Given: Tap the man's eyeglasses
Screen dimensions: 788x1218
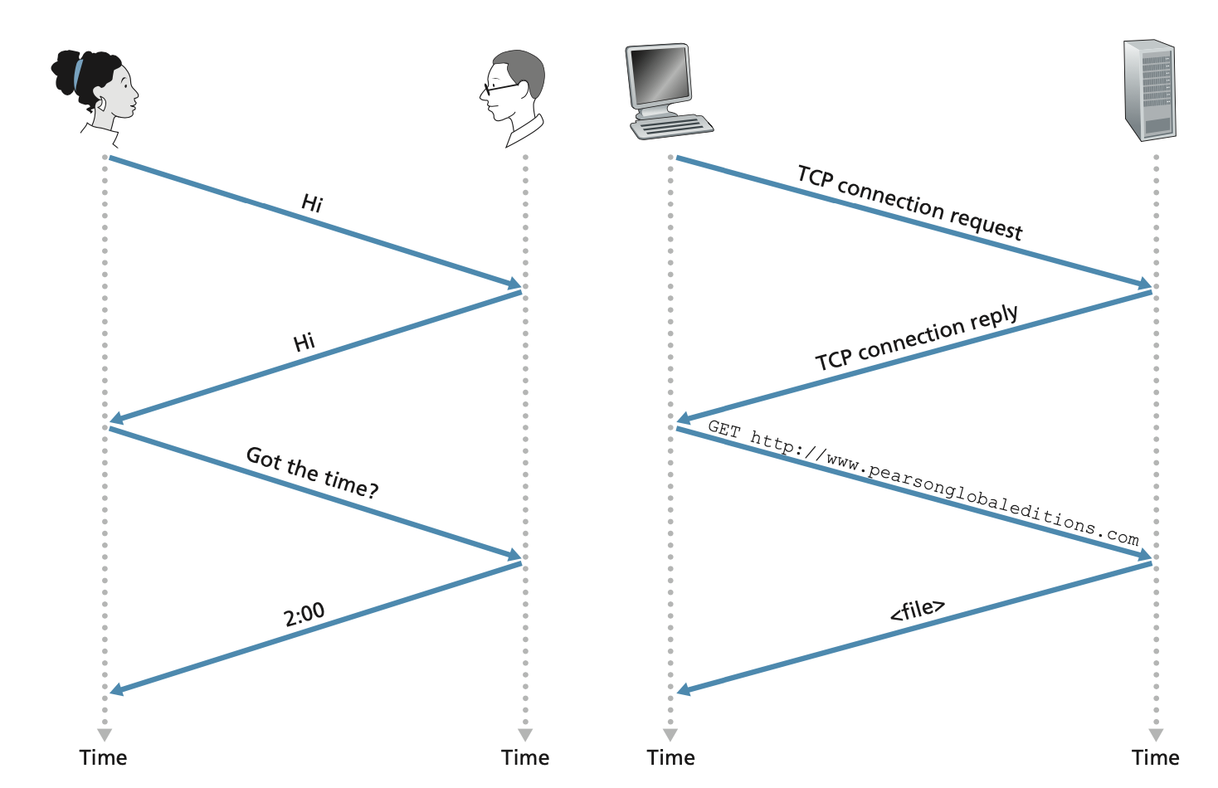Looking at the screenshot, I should point(499,86).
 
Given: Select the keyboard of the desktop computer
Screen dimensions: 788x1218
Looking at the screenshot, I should point(671,127).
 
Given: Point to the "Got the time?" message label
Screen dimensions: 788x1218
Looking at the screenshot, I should point(312,472).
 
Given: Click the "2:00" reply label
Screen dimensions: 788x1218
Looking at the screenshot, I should point(304,615).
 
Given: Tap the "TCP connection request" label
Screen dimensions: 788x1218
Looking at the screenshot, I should point(909,202).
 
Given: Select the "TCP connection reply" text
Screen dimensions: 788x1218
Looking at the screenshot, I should point(916,338).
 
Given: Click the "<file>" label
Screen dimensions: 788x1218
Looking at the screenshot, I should point(917,610).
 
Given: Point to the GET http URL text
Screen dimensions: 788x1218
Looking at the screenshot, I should point(923,482).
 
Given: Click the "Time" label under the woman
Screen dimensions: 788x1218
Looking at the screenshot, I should point(104,757).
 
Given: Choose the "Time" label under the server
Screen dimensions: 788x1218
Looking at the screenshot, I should point(1155,757).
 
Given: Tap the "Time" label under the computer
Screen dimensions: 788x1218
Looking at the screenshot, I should point(670,757).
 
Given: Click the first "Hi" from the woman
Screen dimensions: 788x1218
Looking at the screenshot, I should point(312,203).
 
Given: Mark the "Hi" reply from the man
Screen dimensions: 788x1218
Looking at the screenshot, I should point(304,342).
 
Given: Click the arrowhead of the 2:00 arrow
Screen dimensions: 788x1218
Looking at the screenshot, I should point(117,689).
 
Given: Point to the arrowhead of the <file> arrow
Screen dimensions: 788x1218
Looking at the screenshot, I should point(684,689).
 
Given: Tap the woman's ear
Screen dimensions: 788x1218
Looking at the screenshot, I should point(100,105).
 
